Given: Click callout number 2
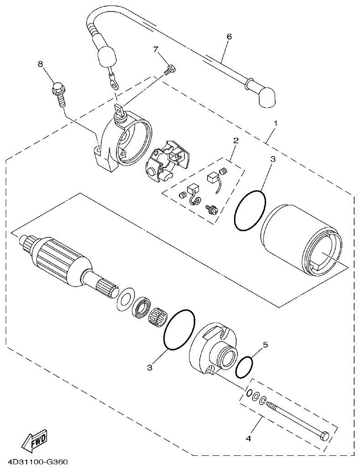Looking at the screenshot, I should (236, 141).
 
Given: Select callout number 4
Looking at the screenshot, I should (249, 439).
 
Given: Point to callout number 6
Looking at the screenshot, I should (229, 37).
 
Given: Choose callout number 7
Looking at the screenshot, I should (156, 49).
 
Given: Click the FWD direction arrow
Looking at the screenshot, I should (34, 439).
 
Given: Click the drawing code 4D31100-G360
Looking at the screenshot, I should (34, 462).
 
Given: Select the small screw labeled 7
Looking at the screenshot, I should (170, 70).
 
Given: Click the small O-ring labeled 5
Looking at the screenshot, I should (245, 368).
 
